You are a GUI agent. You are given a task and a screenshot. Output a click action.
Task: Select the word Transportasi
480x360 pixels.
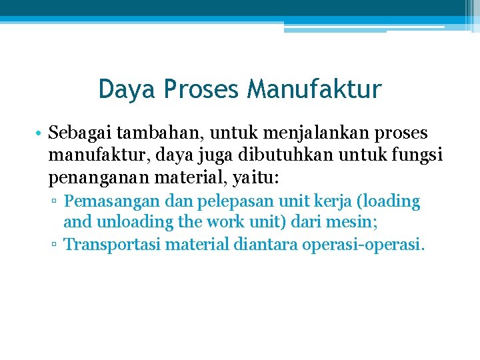(112, 245)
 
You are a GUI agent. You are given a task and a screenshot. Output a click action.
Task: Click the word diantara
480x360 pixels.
(266, 245)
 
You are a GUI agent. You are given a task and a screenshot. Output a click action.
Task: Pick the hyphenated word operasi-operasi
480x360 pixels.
(363, 245)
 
